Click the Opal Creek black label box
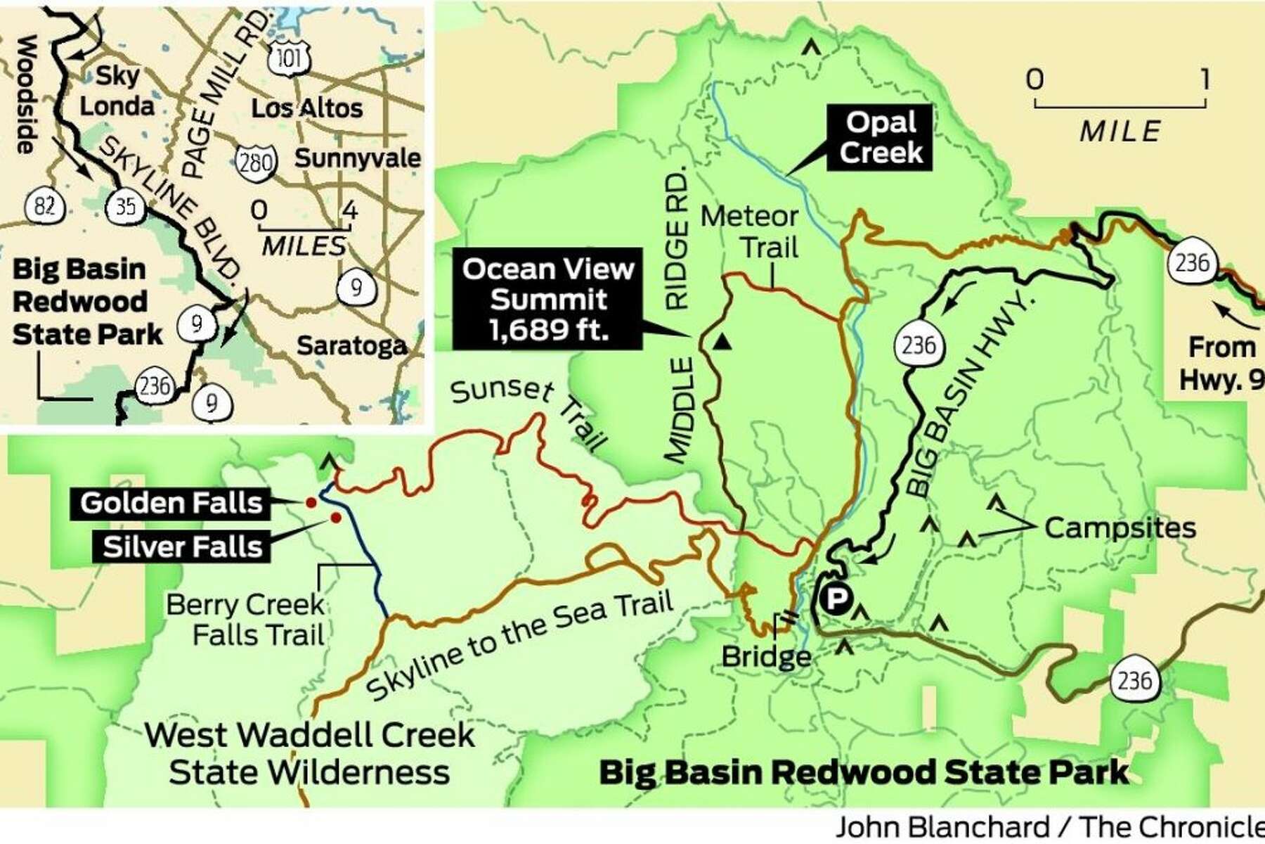coord(880,138)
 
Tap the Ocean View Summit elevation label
coord(547,299)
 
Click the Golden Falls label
coord(171,503)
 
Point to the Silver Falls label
coord(182,546)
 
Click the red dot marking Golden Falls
coord(309,502)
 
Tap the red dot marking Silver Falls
coord(336,518)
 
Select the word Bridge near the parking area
coord(766,657)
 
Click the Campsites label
coord(1120,527)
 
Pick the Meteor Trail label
coord(751,232)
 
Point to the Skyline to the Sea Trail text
coord(520,644)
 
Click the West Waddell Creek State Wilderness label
coord(310,753)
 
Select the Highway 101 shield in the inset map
coord(290,58)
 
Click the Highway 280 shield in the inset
coord(255,163)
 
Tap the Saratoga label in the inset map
coord(351,345)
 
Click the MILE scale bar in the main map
coord(1120,105)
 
